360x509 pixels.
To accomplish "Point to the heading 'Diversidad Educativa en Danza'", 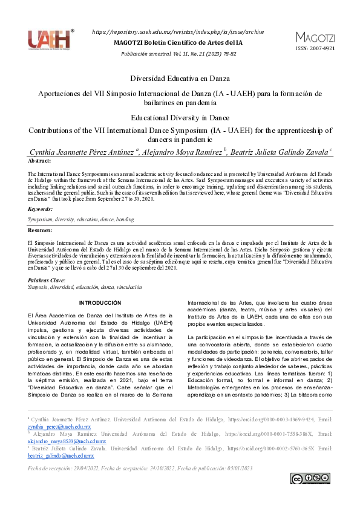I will click(x=180, y=79).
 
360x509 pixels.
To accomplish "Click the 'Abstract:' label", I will click(x=40, y=161).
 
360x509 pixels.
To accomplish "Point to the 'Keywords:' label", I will click(x=41, y=209).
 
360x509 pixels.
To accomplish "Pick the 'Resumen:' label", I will click(x=40, y=230).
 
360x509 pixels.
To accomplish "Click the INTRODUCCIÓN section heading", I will click(x=100, y=302).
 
